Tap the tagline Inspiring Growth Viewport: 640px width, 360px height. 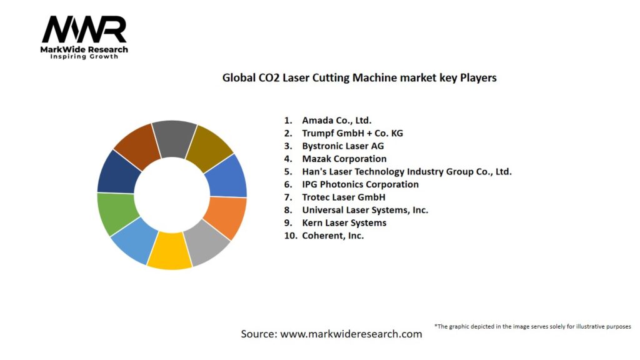click(x=84, y=57)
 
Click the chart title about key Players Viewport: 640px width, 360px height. click(x=359, y=78)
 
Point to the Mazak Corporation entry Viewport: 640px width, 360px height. click(x=344, y=159)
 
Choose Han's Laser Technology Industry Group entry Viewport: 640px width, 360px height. click(x=406, y=171)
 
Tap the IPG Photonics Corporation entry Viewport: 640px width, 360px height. click(x=360, y=184)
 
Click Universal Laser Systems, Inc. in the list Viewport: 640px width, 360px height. click(x=365, y=210)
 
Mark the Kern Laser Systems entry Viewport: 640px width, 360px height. click(x=344, y=223)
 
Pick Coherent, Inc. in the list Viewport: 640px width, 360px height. click(x=332, y=236)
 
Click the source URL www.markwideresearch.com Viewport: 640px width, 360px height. click(x=351, y=334)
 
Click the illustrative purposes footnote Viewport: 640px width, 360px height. click(x=532, y=326)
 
